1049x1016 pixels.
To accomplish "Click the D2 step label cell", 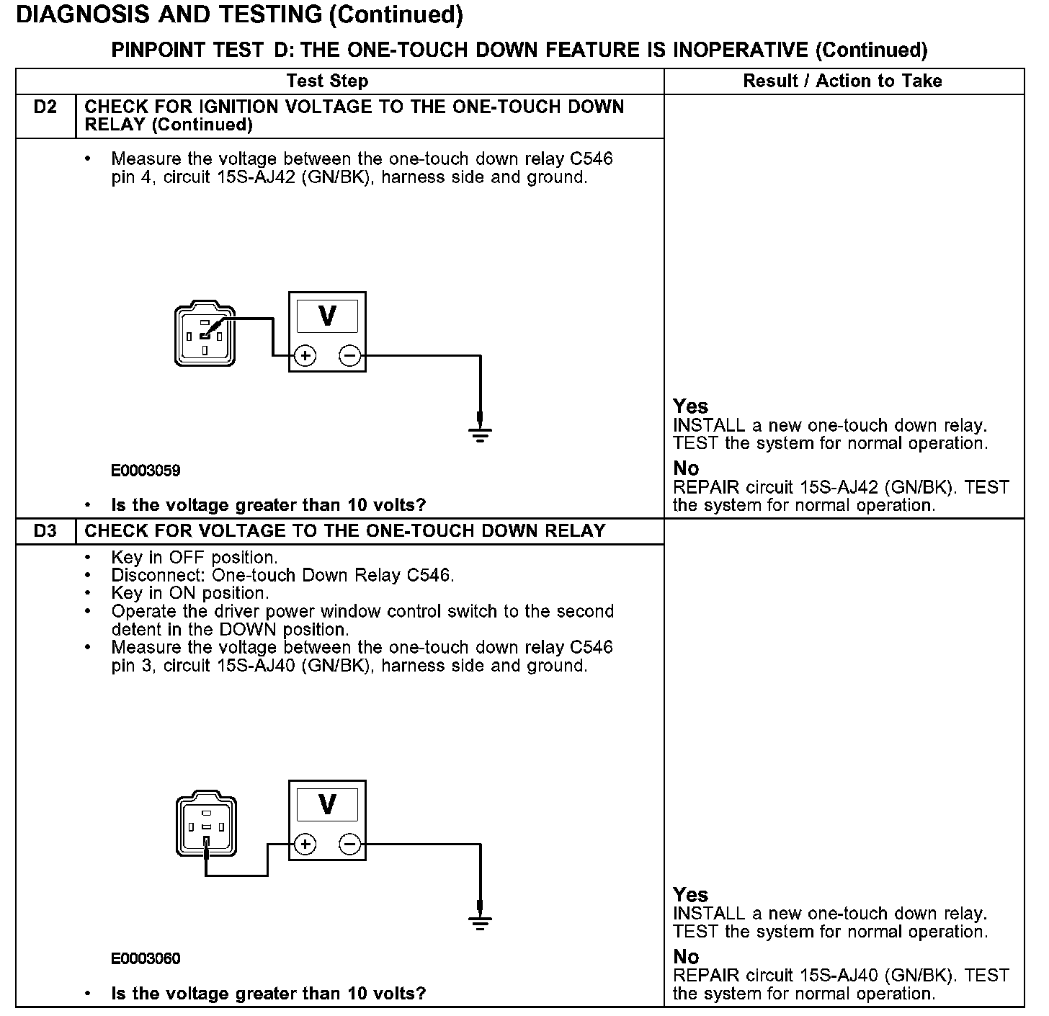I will tap(45, 107).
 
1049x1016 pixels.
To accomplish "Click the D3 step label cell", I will tap(45, 531).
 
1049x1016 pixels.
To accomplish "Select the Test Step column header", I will tap(327, 81).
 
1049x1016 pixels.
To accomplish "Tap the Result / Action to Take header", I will tap(842, 81).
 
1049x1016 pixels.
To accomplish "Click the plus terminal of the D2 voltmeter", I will tap(305, 355).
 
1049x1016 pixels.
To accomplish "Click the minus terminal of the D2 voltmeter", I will tap(349, 355).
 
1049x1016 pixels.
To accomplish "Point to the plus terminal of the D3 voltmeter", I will tap(305, 844).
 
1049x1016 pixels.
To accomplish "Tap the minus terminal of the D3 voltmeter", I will tap(349, 844).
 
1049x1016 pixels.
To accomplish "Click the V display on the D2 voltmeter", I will tap(327, 316).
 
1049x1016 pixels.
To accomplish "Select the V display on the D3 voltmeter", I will tap(327, 804).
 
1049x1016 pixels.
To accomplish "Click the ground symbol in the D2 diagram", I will tap(480, 433).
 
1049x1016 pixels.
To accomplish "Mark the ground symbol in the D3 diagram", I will tap(480, 922).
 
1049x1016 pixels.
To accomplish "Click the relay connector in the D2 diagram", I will tap(205, 335).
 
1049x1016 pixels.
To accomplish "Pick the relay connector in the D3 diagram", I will tap(206, 825).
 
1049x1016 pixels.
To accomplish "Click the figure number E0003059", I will tap(146, 471).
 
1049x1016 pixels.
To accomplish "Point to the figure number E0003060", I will tap(146, 959).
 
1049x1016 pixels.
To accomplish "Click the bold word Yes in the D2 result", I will tap(690, 406).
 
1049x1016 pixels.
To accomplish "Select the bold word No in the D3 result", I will tap(686, 957).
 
